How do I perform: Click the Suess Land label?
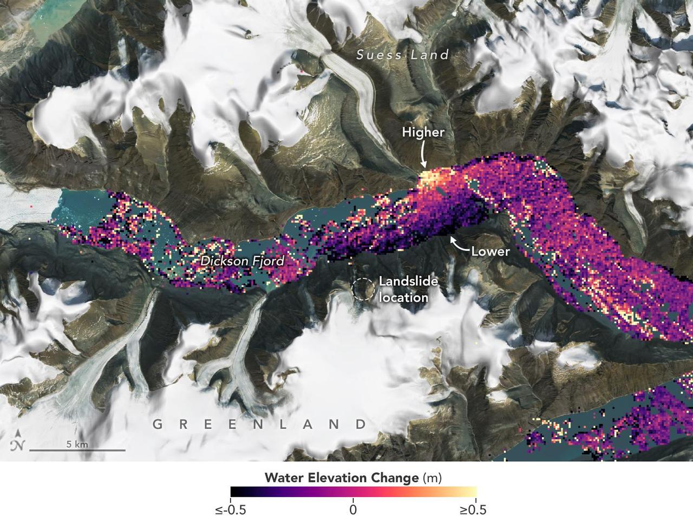pyautogui.click(x=403, y=55)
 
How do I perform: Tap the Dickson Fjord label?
pyautogui.click(x=242, y=261)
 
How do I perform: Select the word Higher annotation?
pyautogui.click(x=422, y=132)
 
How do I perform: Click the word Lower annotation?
pyautogui.click(x=490, y=251)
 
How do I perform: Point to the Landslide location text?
pyautogui.click(x=404, y=289)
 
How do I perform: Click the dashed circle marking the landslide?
pyautogui.click(x=362, y=289)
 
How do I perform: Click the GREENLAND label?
pyautogui.click(x=259, y=424)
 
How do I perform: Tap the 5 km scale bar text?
pyautogui.click(x=77, y=444)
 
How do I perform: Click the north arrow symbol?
pyautogui.click(x=18, y=441)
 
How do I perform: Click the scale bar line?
pyautogui.click(x=77, y=450)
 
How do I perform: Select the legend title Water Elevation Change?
pyautogui.click(x=342, y=478)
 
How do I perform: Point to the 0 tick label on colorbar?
pyautogui.click(x=353, y=510)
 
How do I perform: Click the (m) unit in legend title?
pyautogui.click(x=433, y=478)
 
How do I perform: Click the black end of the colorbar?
pyautogui.click(x=234, y=492)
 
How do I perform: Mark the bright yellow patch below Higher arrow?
pyautogui.click(x=431, y=178)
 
